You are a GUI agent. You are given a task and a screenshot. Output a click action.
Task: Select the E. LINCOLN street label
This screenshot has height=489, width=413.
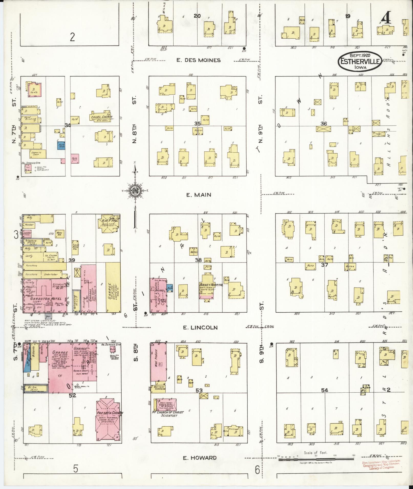200,327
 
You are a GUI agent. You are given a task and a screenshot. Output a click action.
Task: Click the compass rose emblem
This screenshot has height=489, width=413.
135,190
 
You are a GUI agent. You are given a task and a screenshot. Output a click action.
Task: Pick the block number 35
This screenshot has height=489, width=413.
197,123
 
